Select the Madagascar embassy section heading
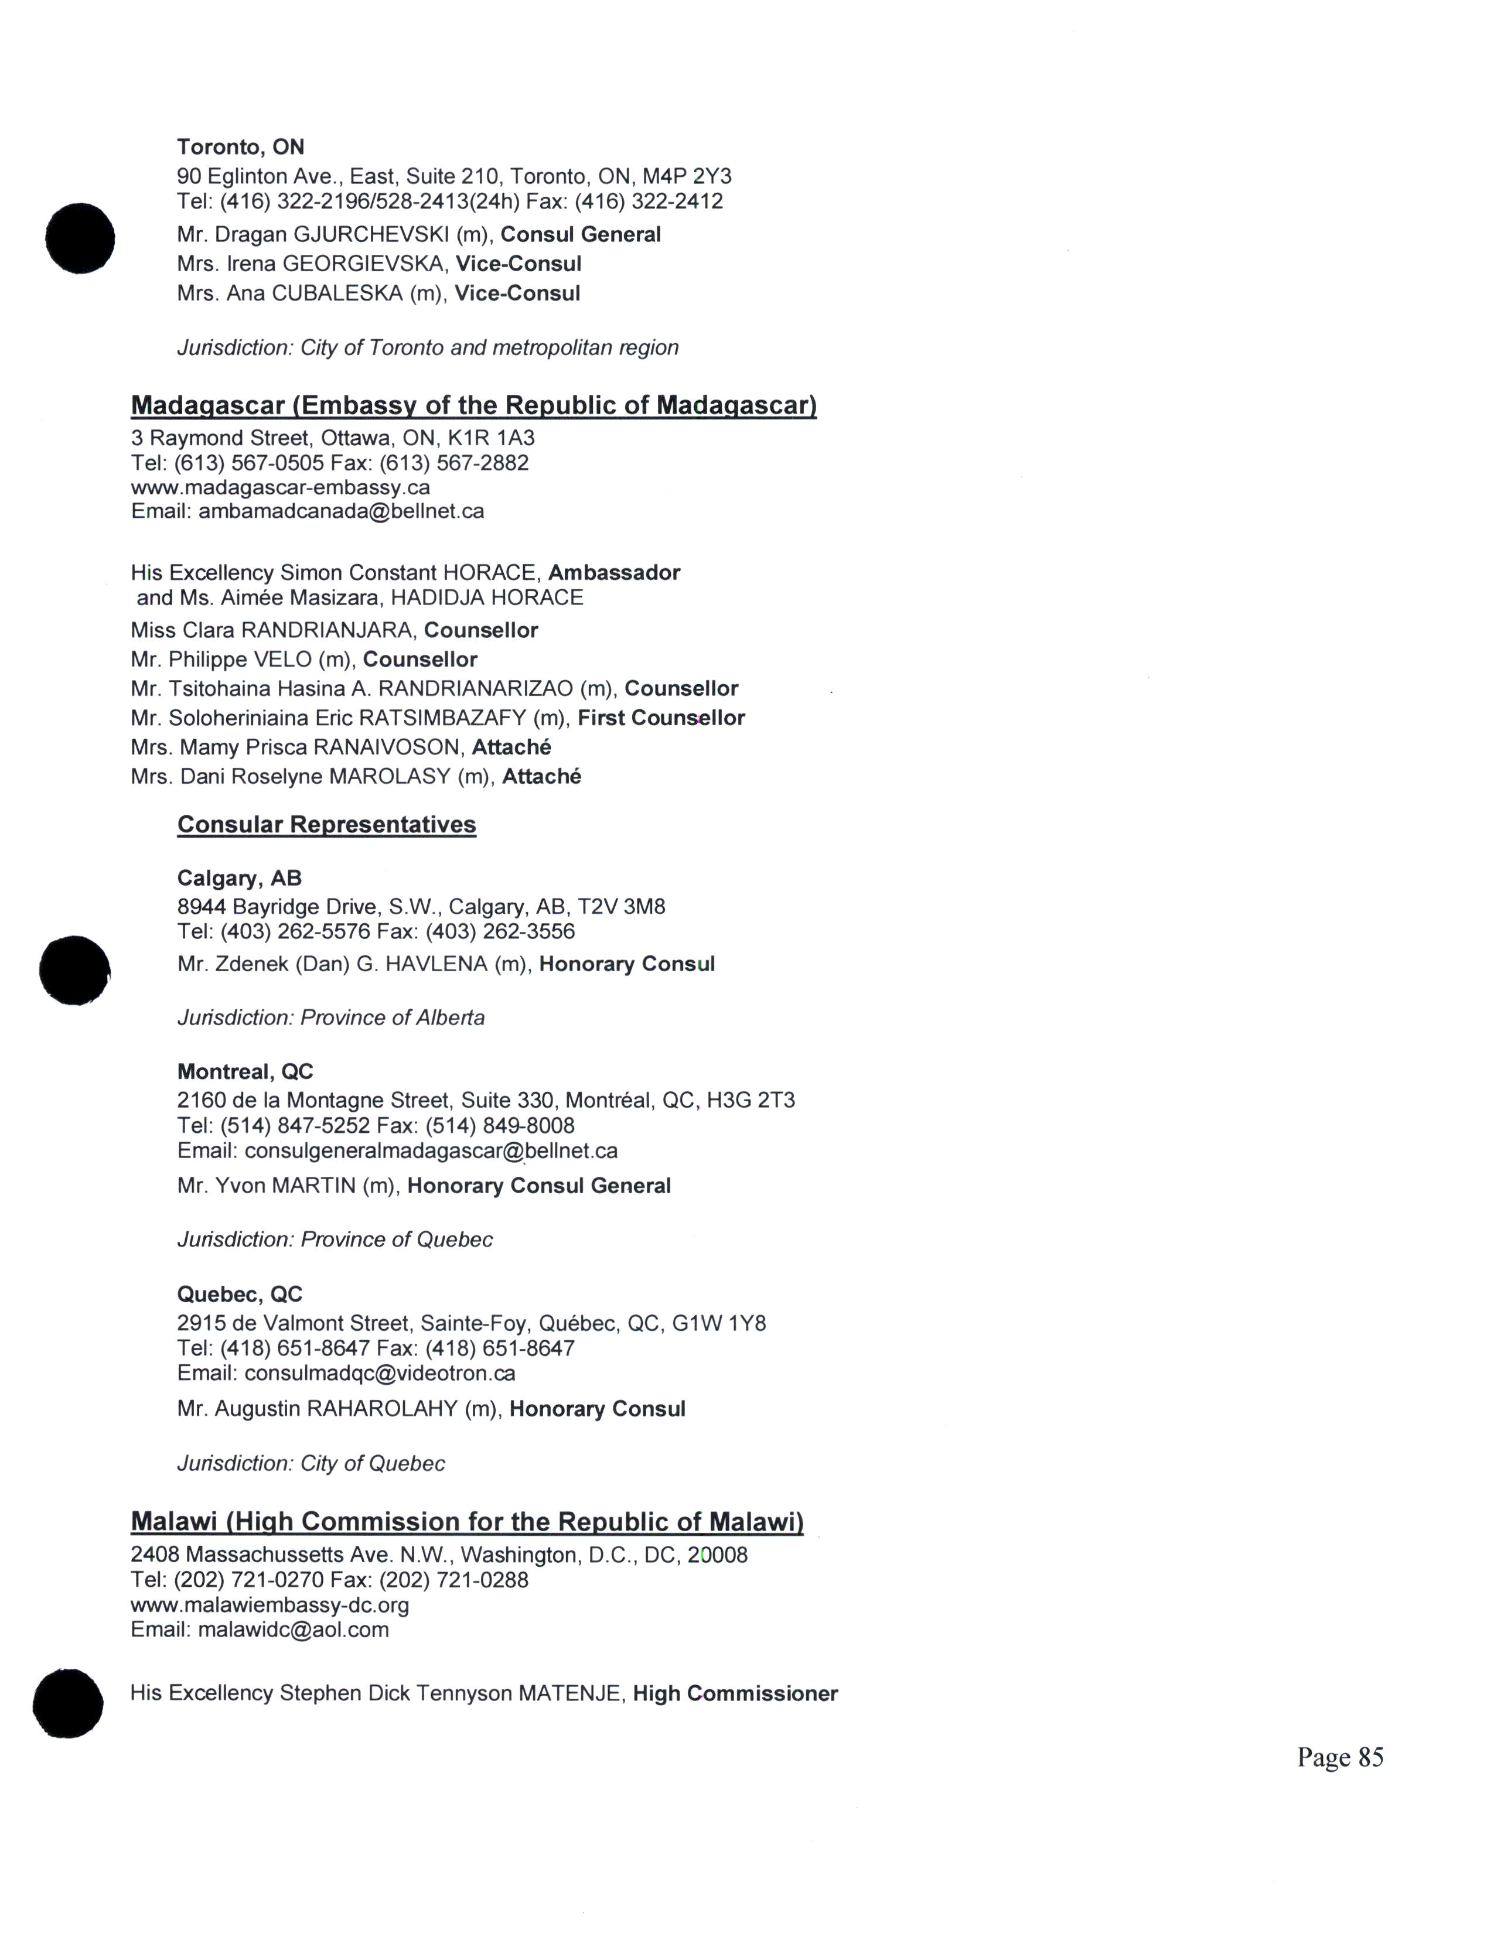[x=473, y=405]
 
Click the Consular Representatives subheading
[x=326, y=824]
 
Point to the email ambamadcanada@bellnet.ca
[x=341, y=511]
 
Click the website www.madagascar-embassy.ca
[x=281, y=487]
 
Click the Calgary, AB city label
[x=239, y=878]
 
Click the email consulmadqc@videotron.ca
[x=380, y=1374]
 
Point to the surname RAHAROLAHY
[x=381, y=1409]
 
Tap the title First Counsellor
[x=661, y=718]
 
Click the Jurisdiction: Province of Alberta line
[x=331, y=1018]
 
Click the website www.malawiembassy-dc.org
[x=270, y=1604]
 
